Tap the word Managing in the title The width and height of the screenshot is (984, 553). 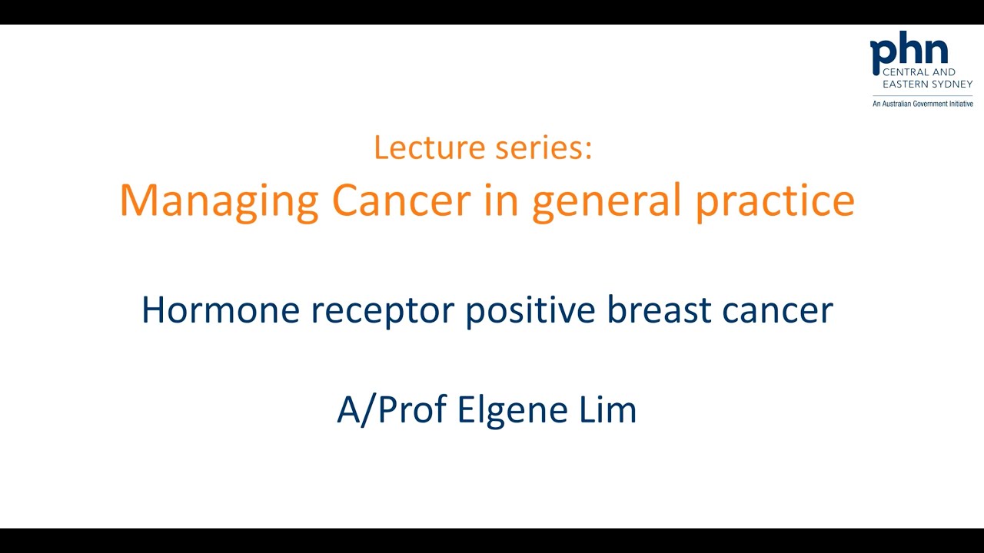tap(219, 201)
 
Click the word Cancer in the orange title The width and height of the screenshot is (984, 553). tap(401, 200)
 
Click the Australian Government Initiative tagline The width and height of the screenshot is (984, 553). tap(922, 104)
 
